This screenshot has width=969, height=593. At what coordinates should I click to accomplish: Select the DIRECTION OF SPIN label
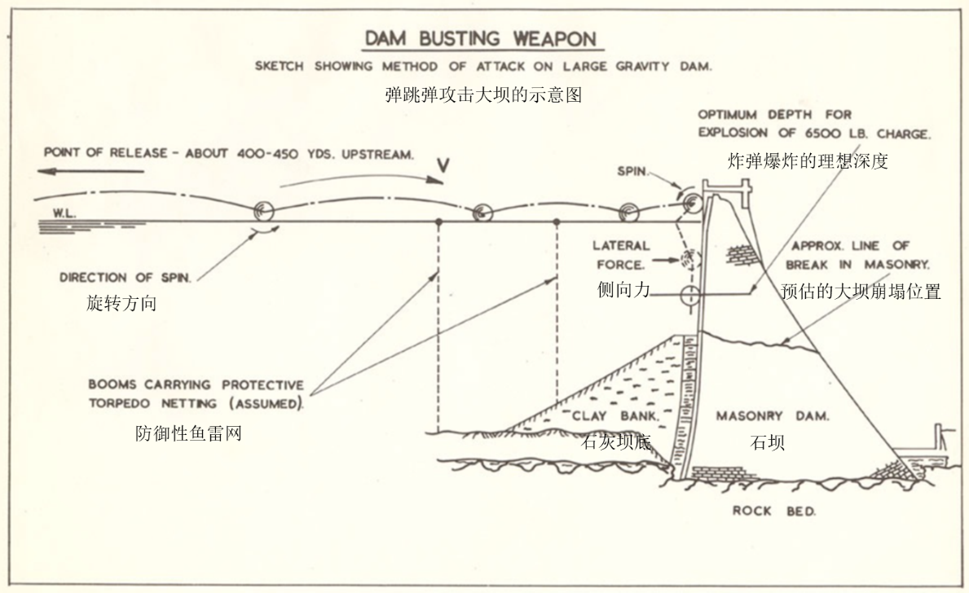coord(126,278)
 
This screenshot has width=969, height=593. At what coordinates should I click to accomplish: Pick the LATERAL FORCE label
coord(622,254)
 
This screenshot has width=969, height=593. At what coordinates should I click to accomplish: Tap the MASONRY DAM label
coord(773,416)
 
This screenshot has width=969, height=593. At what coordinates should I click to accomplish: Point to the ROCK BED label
coord(773,511)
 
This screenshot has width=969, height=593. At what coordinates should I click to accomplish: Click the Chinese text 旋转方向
coord(121,304)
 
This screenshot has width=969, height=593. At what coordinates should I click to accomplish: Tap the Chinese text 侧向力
coord(623,288)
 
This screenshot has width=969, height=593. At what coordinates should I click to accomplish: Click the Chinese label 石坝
coord(767,443)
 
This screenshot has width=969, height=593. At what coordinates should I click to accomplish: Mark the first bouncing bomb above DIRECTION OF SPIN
coord(263,209)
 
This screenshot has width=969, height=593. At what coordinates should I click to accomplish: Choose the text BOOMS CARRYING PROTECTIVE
coord(196,384)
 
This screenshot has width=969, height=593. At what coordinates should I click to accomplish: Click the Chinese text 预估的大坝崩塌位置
coord(861,292)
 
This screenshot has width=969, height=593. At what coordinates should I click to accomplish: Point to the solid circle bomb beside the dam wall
coord(688,295)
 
